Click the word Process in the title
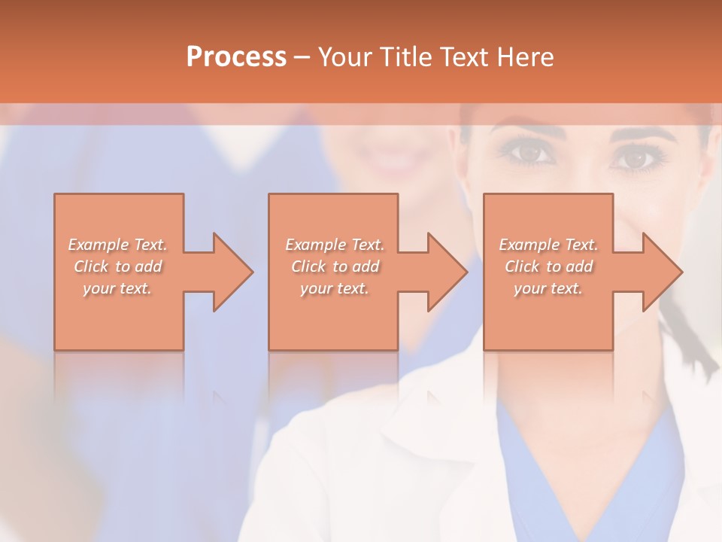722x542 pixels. coord(236,56)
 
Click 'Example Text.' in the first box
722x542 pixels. coord(117,245)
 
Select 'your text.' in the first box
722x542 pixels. coord(117,288)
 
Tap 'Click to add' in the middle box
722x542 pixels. coord(335,266)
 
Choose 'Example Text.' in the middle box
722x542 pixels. coord(335,245)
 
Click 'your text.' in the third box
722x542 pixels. coord(548,288)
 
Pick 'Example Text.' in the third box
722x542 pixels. coord(548,245)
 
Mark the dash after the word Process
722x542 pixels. coord(302,58)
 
